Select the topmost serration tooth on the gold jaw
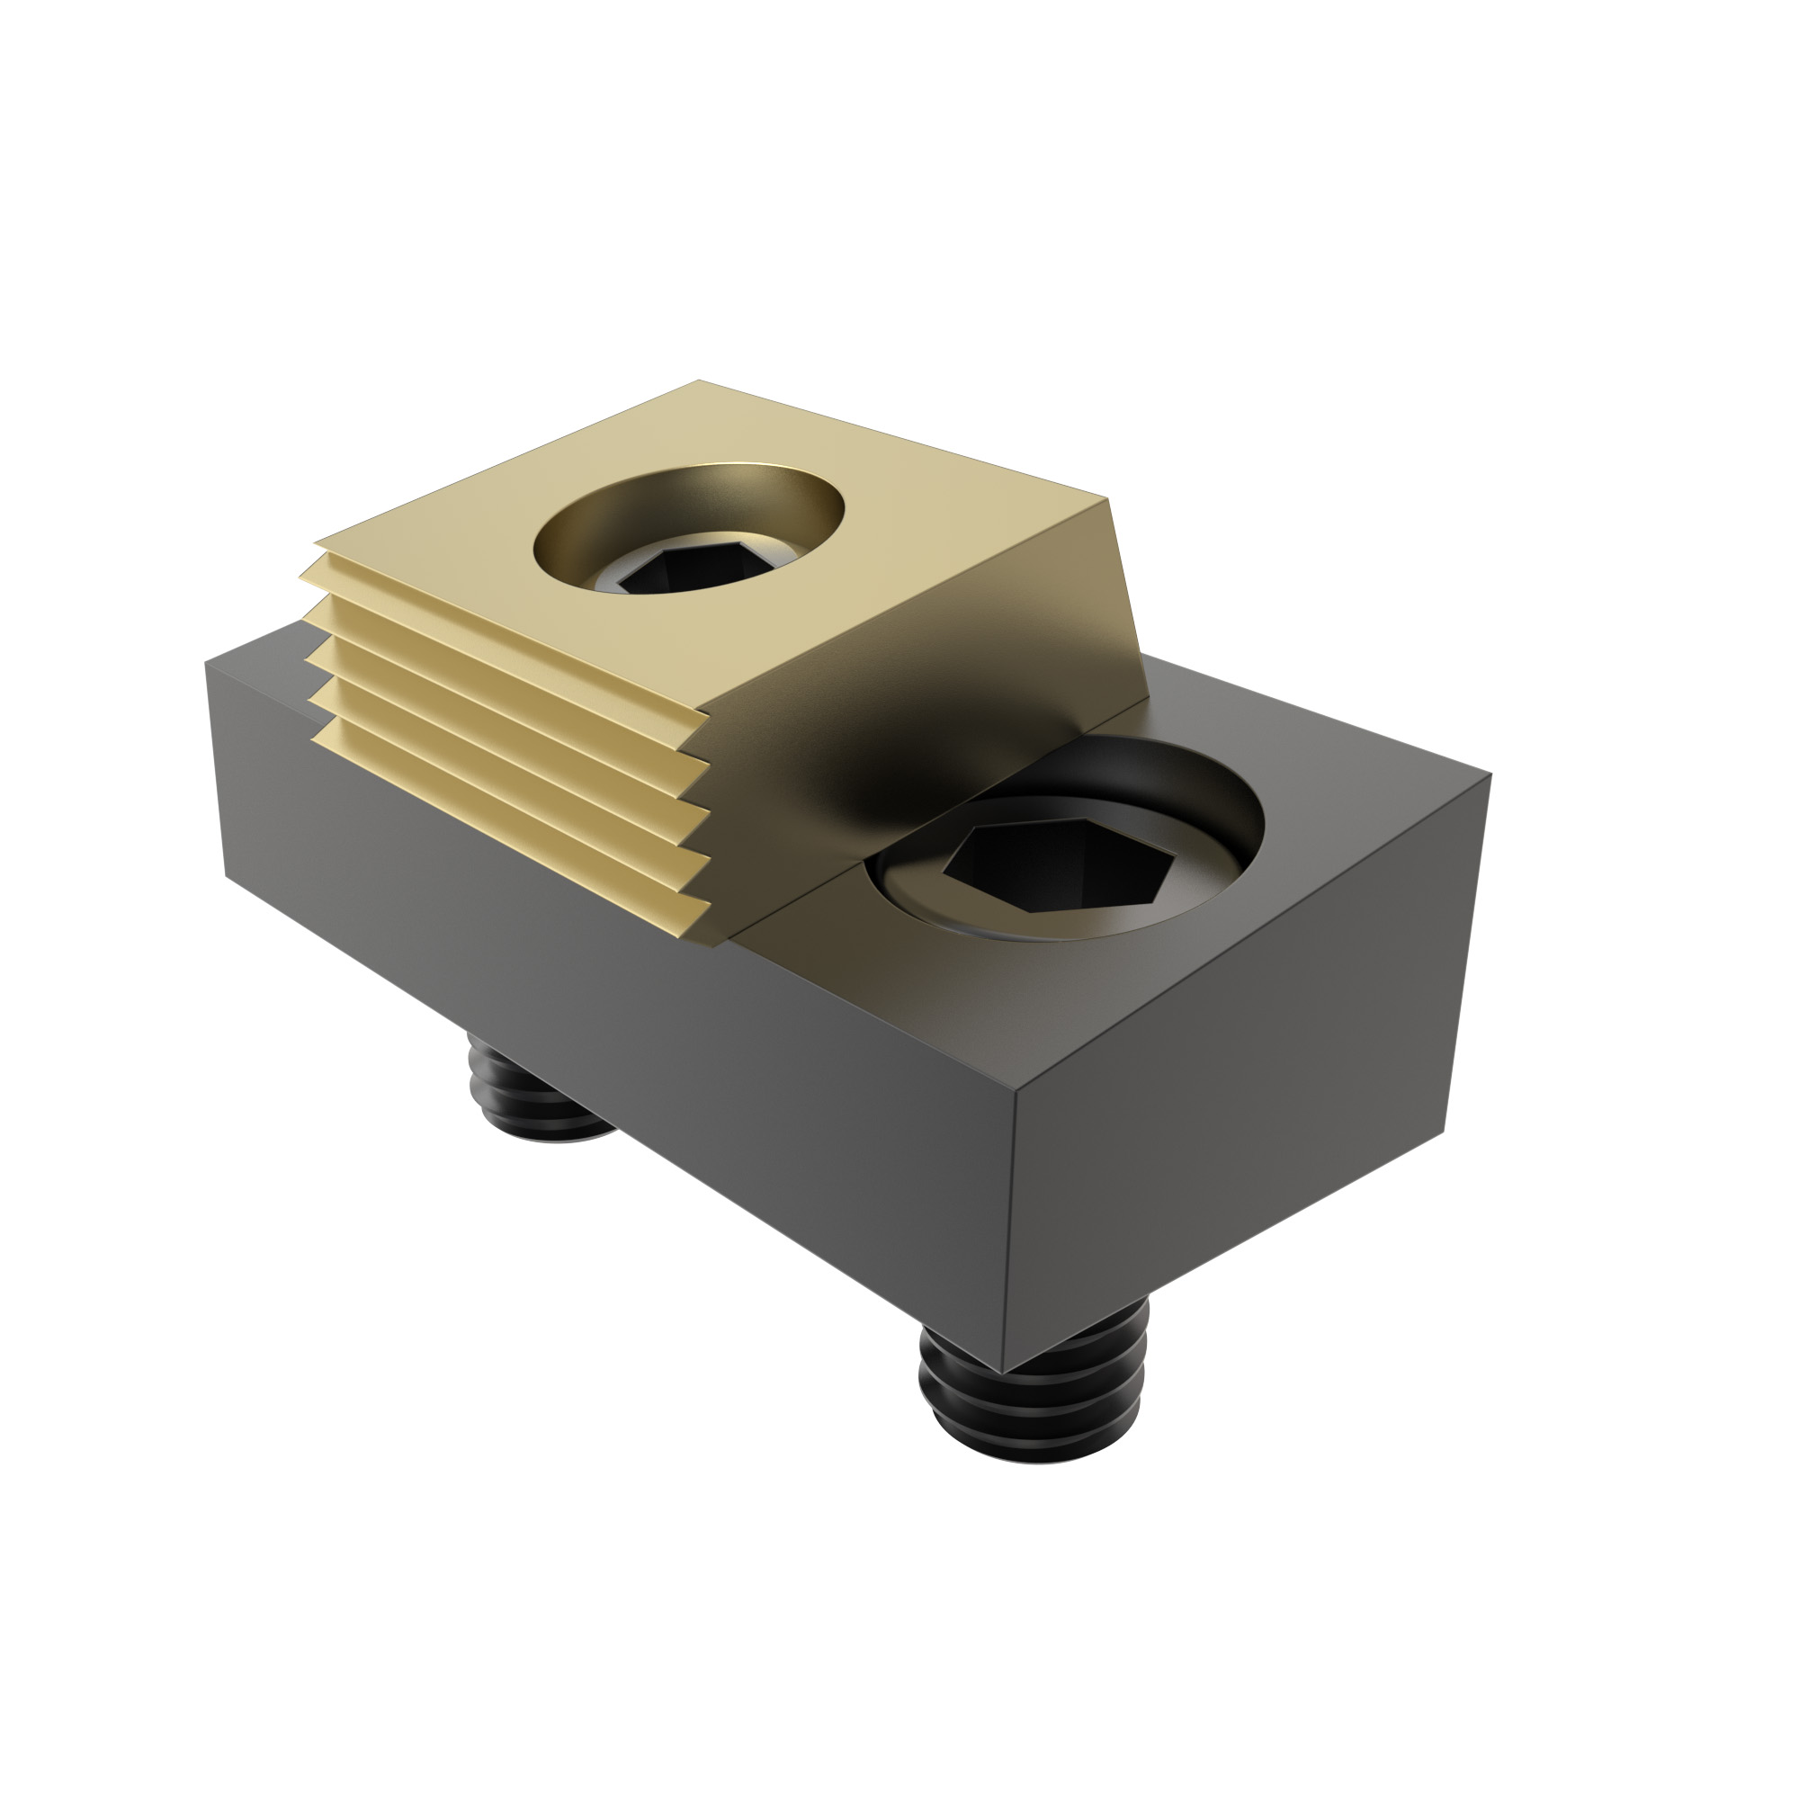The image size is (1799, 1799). tap(503, 596)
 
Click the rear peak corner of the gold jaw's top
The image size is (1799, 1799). tap(698, 381)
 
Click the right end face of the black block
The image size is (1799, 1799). tap(1239, 1052)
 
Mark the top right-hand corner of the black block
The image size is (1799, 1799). tap(1490, 774)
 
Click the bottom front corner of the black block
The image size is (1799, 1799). tap(1002, 1374)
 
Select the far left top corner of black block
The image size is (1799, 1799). tap(206, 661)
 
